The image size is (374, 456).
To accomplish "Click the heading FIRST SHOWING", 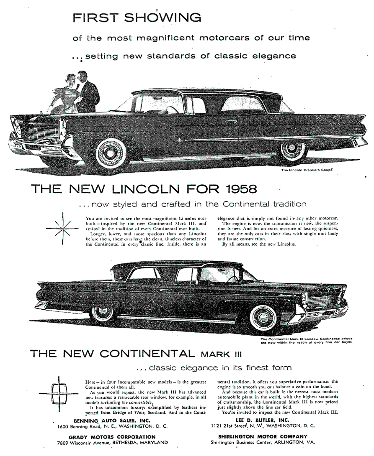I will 137,18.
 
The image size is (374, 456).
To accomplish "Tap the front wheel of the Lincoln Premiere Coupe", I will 111,153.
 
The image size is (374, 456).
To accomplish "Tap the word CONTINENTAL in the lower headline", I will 141,354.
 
